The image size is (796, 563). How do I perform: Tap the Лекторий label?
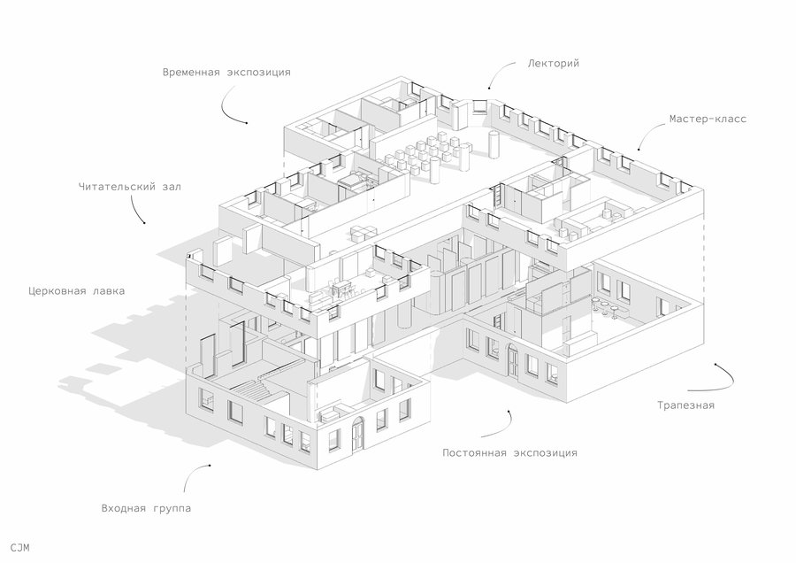[554, 64]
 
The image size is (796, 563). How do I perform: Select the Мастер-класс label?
[708, 119]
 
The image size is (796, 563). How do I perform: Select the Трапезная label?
[685, 405]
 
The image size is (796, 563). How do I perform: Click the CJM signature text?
[20, 547]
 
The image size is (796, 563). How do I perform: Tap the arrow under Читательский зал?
[138, 210]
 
